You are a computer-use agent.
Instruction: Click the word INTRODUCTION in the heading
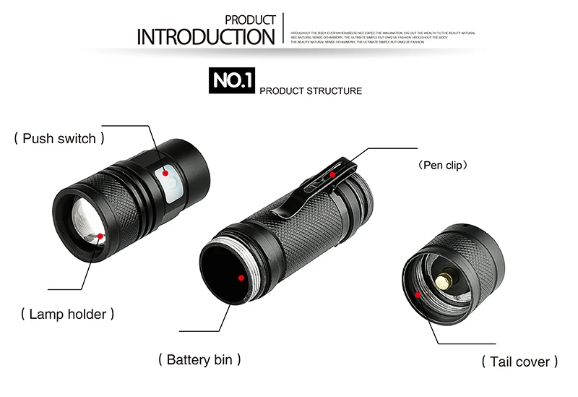[206, 37]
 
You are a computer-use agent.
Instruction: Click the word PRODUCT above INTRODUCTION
[250, 20]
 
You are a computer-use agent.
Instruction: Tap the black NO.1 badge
[232, 80]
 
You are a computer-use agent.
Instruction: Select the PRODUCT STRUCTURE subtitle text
[310, 91]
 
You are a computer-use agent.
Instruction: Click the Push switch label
[59, 137]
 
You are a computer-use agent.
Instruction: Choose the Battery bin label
[199, 359]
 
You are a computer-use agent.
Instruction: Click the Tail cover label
[519, 361]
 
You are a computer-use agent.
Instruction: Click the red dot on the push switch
[165, 173]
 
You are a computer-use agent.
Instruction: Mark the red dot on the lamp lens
[100, 236]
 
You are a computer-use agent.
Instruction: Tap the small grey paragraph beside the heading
[382, 38]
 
